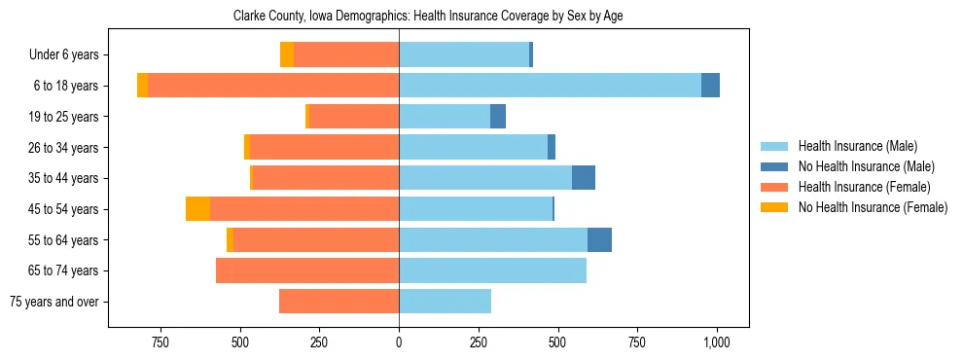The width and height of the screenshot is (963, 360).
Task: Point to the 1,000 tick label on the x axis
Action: pyautogui.click(x=717, y=342)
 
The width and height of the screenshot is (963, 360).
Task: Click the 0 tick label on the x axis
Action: pyautogui.click(x=399, y=342)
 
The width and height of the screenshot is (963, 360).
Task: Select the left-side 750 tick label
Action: pyautogui.click(x=160, y=342)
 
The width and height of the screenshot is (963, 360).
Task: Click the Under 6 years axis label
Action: pyautogui.click(x=63, y=55)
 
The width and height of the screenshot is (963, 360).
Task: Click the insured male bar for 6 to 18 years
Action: pyautogui.click(x=550, y=86)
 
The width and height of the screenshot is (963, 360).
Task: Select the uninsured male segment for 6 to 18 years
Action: pyautogui.click(x=710, y=86)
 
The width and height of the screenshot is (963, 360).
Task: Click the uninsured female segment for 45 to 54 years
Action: pyautogui.click(x=197, y=209)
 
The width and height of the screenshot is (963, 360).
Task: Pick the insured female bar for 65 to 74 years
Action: pyautogui.click(x=307, y=270)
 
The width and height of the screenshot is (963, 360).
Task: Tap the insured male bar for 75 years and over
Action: pyautogui.click(x=445, y=302)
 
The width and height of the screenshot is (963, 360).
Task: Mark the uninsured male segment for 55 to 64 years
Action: pyautogui.click(x=599, y=239)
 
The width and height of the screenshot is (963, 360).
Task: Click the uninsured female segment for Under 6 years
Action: pyautogui.click(x=287, y=55)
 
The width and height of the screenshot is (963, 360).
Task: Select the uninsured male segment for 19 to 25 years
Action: pyautogui.click(x=498, y=117)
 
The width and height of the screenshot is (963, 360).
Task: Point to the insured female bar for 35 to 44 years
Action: pyautogui.click(x=326, y=178)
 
